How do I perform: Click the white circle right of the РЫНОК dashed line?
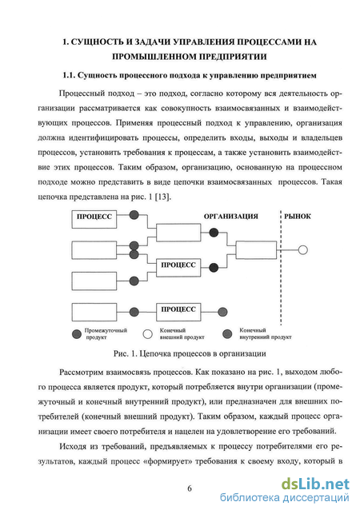tap(302, 250)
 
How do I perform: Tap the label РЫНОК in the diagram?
tap(298, 217)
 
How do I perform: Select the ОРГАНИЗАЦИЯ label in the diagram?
tap(231, 217)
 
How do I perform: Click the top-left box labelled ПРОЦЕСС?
tap(94, 220)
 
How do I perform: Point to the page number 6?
tap(190, 488)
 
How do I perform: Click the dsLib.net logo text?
tap(315, 484)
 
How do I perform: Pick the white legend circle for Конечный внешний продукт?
tap(148, 334)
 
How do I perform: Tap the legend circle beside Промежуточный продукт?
tap(77, 334)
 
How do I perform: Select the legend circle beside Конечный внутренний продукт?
tap(227, 334)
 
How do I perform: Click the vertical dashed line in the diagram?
tap(281, 268)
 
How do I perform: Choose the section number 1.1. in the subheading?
tap(69, 75)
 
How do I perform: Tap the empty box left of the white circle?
tap(256, 250)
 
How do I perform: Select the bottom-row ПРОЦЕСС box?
tap(178, 312)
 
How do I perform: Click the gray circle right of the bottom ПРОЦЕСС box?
tap(222, 312)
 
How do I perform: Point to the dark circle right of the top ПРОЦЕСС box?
tap(134, 215)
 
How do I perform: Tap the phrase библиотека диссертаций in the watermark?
tap(285, 498)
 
